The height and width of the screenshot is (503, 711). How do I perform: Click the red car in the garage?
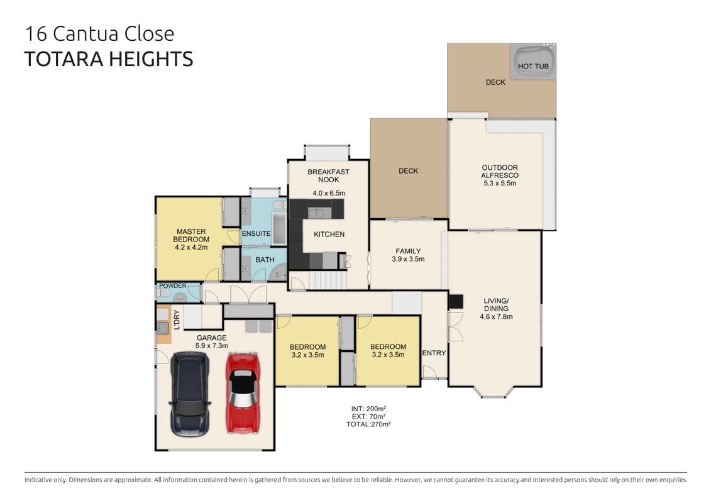243,393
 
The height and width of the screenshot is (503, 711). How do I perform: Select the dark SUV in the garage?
190,394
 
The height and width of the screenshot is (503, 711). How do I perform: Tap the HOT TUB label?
533,66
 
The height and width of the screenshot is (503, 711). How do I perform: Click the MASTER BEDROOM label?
191,235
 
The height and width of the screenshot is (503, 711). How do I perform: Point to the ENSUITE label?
256,234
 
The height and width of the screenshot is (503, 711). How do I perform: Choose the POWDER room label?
173,285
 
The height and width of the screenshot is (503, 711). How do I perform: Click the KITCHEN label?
329,235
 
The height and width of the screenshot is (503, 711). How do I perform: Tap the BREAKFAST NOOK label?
328,175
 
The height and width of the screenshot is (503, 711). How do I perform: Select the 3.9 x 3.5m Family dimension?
408,260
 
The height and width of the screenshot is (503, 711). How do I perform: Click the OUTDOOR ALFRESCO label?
500,172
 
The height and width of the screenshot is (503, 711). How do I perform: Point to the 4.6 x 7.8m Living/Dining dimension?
496,317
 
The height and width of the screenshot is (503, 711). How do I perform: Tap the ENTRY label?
434,353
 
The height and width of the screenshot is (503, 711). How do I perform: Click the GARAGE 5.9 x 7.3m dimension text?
212,346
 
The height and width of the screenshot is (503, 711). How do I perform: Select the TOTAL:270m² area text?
368,424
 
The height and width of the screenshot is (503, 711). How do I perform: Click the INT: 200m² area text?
368,409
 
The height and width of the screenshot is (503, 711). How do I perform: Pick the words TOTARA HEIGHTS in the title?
109,59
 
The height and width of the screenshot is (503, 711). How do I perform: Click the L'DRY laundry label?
177,319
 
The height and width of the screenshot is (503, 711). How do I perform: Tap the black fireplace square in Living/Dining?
456,302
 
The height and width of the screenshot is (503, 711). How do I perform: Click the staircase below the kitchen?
328,280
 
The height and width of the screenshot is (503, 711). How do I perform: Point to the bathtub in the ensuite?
279,228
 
